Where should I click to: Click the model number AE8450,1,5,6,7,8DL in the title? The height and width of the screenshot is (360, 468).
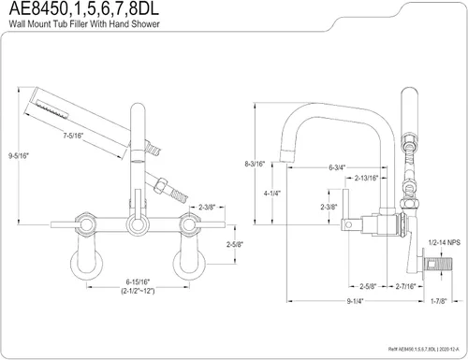tap(84, 8)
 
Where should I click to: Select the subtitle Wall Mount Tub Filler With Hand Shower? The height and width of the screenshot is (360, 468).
tap(84, 24)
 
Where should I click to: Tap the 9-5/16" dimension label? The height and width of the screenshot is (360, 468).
tap(19, 156)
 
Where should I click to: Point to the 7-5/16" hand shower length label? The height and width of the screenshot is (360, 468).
tap(73, 136)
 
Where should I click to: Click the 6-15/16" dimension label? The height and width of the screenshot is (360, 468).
tap(138, 281)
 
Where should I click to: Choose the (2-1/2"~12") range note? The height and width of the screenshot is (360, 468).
tap(138, 291)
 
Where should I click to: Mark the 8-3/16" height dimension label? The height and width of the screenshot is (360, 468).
tap(255, 164)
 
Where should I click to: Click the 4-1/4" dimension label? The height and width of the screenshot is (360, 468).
tap(272, 194)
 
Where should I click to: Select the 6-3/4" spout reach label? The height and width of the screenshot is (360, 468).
tap(337, 167)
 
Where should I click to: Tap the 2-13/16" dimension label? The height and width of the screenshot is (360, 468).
tap(366, 178)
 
